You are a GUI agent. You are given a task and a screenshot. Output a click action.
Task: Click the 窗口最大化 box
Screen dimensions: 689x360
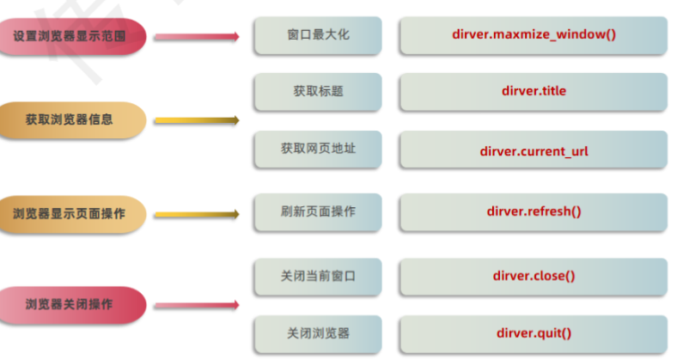point(318,35)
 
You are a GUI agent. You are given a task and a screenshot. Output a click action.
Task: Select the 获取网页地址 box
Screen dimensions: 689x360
point(318,149)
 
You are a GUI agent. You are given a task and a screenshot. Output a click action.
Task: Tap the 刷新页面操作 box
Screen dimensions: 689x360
point(318,211)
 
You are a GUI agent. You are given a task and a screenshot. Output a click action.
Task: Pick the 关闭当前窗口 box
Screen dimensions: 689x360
point(318,276)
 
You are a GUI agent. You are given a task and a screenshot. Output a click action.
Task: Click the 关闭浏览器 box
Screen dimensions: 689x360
point(318,333)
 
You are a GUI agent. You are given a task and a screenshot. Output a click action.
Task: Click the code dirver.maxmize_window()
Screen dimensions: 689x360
point(534,35)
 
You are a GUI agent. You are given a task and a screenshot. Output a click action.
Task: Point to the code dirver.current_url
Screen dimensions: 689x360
point(534,150)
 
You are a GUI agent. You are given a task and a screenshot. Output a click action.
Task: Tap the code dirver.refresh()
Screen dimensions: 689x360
point(534,211)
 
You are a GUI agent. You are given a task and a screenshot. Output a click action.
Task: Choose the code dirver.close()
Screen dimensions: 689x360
point(534,276)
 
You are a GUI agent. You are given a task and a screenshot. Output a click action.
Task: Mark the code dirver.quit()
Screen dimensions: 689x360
point(534,333)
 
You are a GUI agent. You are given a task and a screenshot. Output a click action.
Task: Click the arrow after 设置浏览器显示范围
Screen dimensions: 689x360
point(197,37)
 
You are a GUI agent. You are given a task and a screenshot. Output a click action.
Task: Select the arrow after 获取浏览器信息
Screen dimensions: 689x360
point(197,120)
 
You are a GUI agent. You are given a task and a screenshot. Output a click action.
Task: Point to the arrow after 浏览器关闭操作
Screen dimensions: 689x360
point(197,304)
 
